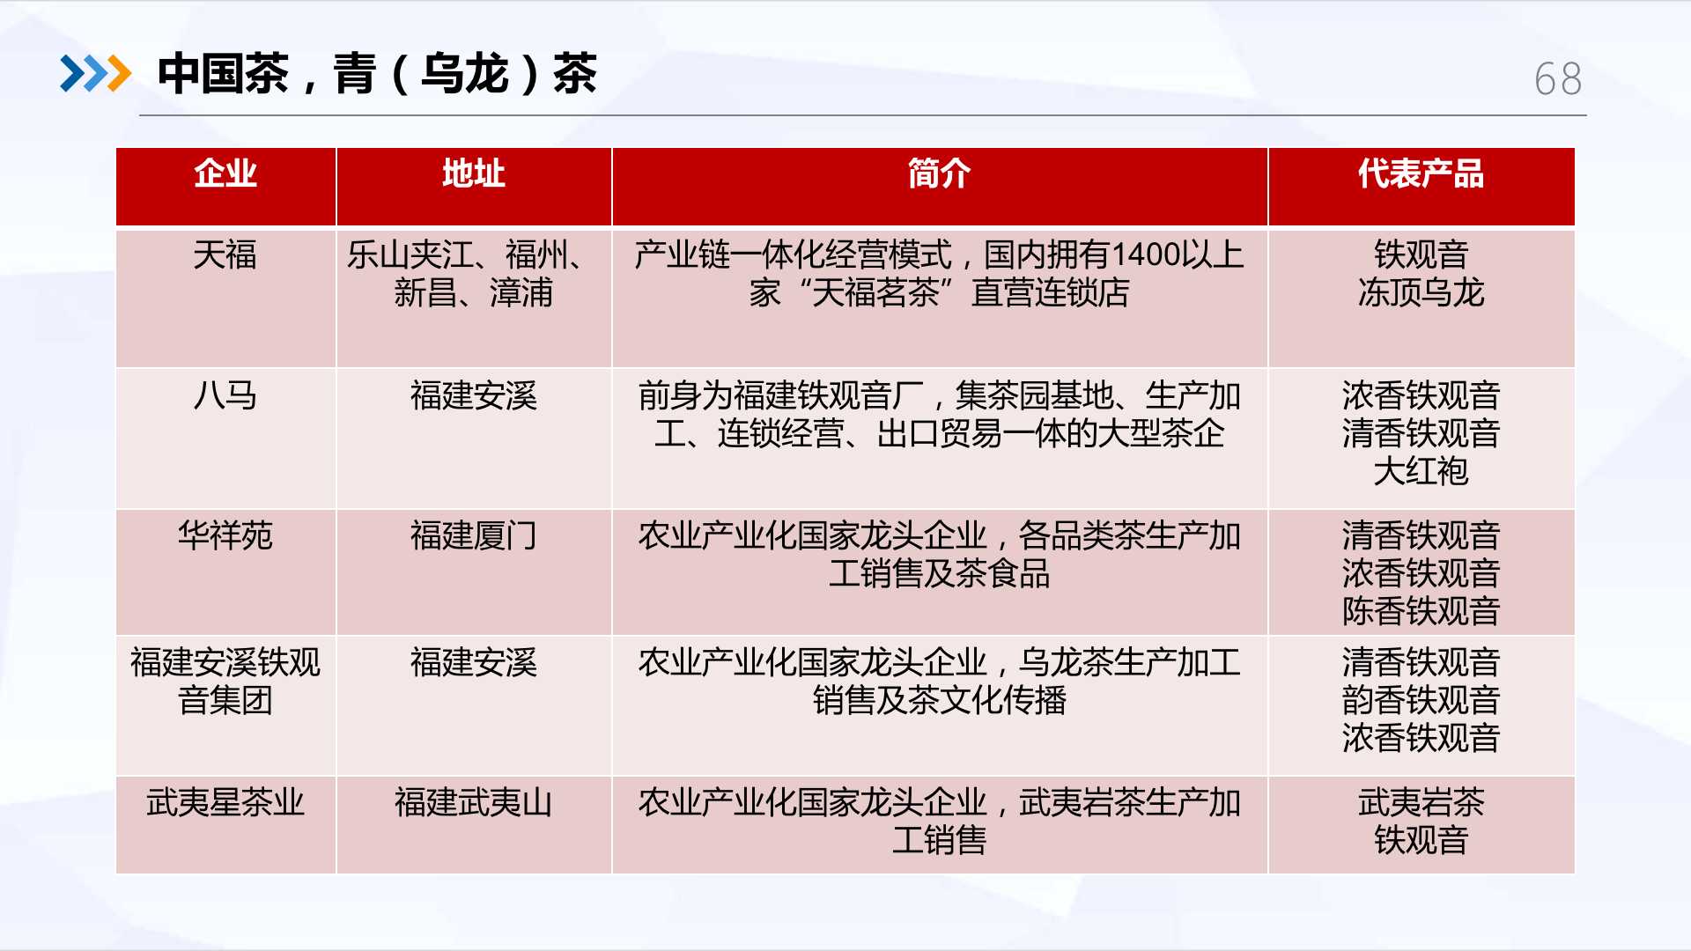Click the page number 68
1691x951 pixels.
tap(1558, 79)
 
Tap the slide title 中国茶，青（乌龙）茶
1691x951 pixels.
tap(377, 73)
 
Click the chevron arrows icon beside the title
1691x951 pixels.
tap(95, 73)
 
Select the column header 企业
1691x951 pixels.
tap(225, 173)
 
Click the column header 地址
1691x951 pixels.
tap(474, 173)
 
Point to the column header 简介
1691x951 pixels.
tap(940, 173)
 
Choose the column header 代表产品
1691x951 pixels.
tap(1421, 173)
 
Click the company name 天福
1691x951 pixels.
tap(225, 255)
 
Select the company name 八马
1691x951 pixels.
tap(225, 395)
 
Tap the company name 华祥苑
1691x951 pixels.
tap(225, 535)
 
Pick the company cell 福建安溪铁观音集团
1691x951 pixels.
tap(225, 682)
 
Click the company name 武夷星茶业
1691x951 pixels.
tap(225, 802)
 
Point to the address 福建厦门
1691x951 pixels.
tap(474, 535)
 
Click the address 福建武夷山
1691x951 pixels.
tap(474, 802)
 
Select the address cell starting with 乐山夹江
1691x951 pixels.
tap(467, 274)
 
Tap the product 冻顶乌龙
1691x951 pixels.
tap(1421, 293)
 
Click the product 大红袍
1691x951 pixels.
tap(1421, 471)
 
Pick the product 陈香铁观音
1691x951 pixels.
tap(1421, 611)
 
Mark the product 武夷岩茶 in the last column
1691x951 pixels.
tap(1421, 802)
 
